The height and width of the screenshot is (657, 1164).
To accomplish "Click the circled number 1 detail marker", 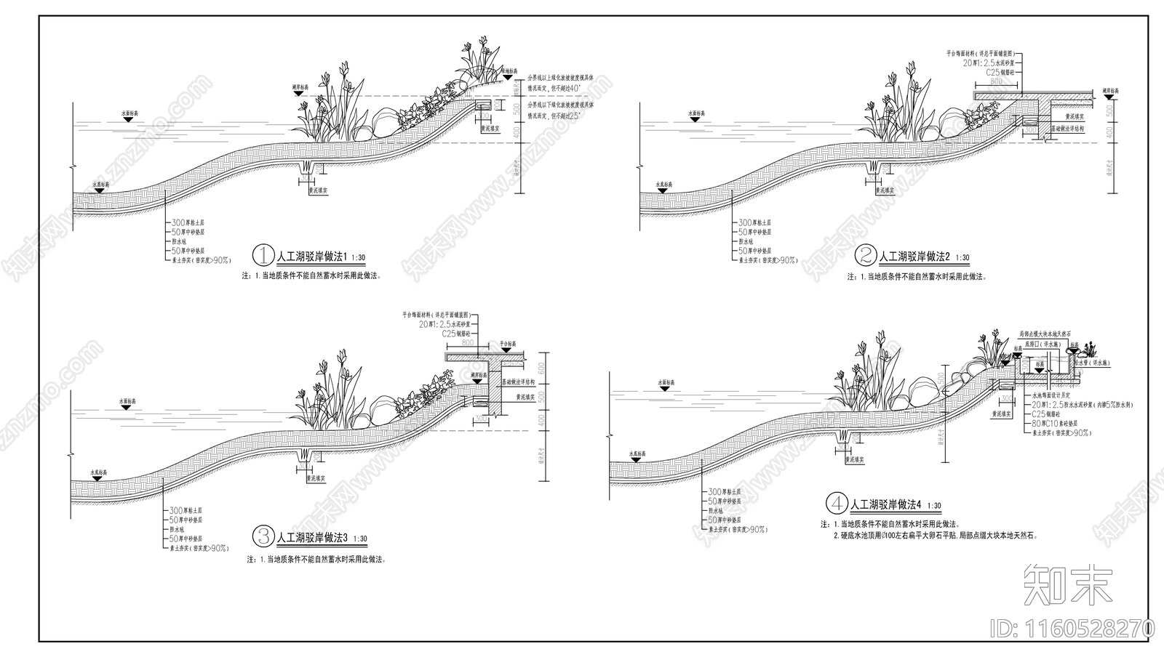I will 262,256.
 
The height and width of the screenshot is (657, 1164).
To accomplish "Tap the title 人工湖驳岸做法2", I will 914,257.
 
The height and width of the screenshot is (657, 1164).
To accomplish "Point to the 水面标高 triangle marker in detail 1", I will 128,118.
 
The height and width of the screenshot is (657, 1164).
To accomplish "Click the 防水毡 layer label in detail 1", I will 180,241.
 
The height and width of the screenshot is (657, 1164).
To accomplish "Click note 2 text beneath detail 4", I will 934,535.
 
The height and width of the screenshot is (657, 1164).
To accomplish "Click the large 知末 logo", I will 1068,584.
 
